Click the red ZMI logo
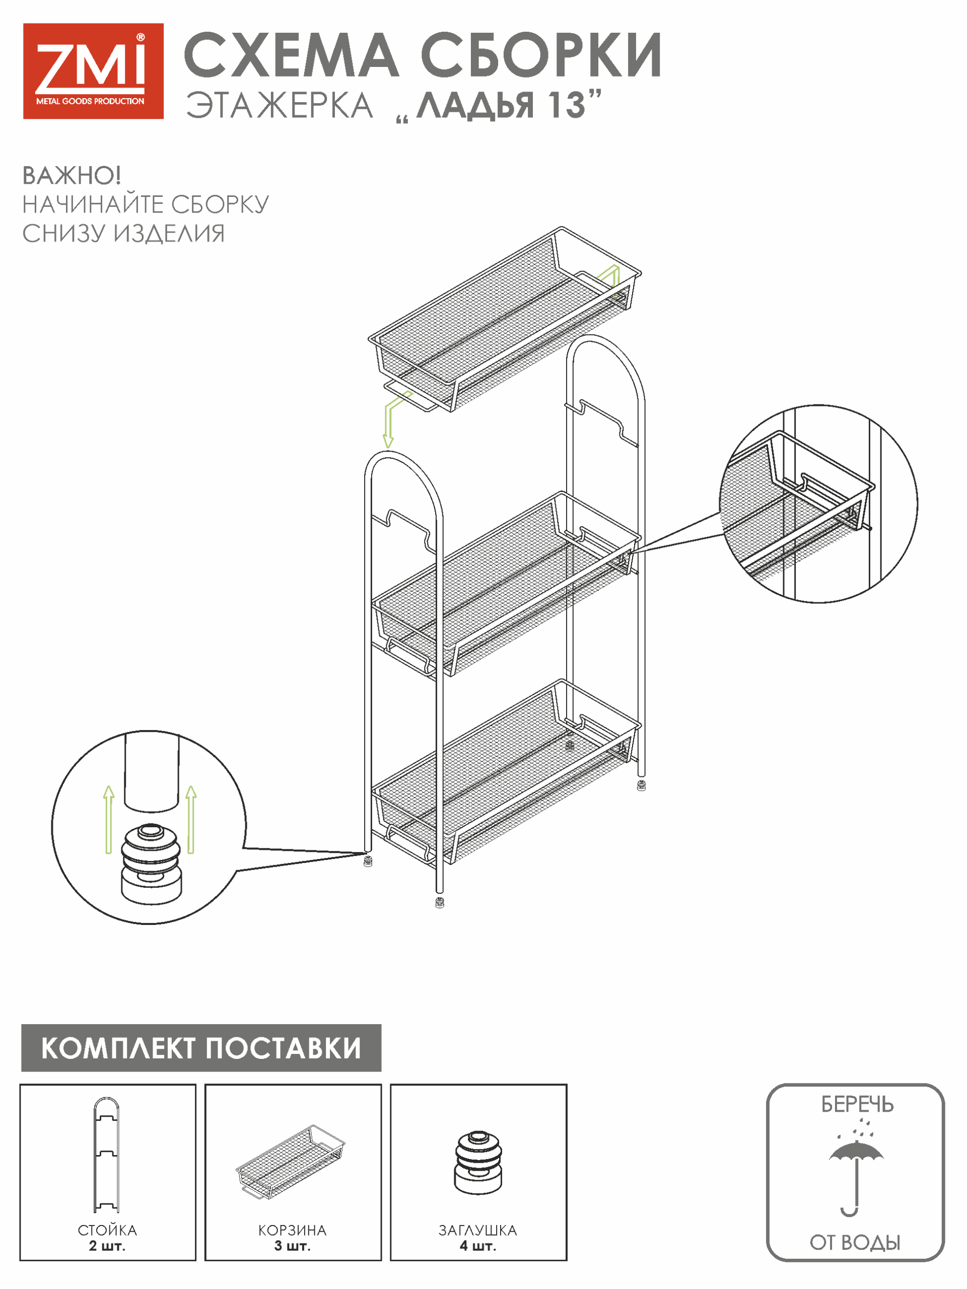[93, 71]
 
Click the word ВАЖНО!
[71, 175]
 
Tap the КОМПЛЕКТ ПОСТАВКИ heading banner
[201, 1048]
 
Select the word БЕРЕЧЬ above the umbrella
[857, 1104]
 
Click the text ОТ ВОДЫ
[855, 1242]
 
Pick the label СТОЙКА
[107, 1230]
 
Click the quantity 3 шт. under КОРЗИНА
[293, 1246]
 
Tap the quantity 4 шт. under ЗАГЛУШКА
[478, 1246]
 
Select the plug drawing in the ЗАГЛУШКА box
[478, 1163]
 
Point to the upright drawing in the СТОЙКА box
[107, 1154]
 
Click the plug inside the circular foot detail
[152, 863]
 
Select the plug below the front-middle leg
[440, 903]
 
